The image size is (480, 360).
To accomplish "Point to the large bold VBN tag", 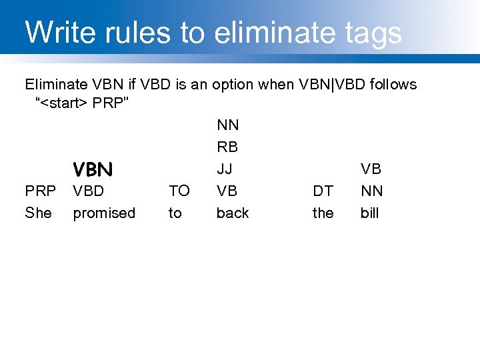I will click(93, 169).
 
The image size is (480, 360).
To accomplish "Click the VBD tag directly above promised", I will click(88, 191).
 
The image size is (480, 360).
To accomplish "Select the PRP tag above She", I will click(40, 191).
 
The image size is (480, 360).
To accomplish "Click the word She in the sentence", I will click(38, 213).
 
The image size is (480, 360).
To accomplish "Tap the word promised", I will click(103, 213).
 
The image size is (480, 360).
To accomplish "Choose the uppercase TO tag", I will click(179, 191).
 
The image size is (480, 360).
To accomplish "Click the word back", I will click(232, 213).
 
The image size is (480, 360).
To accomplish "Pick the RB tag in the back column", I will click(227, 147).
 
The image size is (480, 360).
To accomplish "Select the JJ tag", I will click(225, 169).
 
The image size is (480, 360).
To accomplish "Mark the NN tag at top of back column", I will click(227, 125).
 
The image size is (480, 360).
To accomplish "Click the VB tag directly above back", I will click(227, 191).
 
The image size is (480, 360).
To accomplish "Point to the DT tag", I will click(323, 191).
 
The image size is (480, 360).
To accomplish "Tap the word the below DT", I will click(323, 213).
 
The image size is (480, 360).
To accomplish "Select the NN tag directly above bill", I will click(371, 191).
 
